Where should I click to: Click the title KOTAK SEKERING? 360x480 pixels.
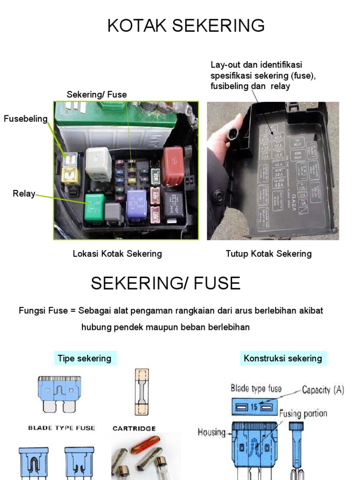coord(186,26)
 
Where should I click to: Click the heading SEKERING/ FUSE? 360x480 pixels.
coord(165,283)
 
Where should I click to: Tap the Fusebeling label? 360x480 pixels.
coord(26,119)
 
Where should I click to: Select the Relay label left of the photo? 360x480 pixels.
coord(24,194)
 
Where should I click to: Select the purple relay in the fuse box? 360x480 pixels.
coord(138,203)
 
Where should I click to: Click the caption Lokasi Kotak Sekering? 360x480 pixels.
coord(117,254)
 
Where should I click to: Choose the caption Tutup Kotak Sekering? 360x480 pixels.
coord(269,254)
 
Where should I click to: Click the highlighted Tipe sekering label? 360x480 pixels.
coord(84,359)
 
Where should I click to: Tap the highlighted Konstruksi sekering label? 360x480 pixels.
coord(283,359)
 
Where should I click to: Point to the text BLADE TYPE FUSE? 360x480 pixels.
coord(61,427)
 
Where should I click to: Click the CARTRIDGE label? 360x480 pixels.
coord(134,428)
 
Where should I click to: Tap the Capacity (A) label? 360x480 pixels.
coord(323,390)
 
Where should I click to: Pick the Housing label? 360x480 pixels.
coord(211,432)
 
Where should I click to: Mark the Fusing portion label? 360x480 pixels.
coord(303,413)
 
